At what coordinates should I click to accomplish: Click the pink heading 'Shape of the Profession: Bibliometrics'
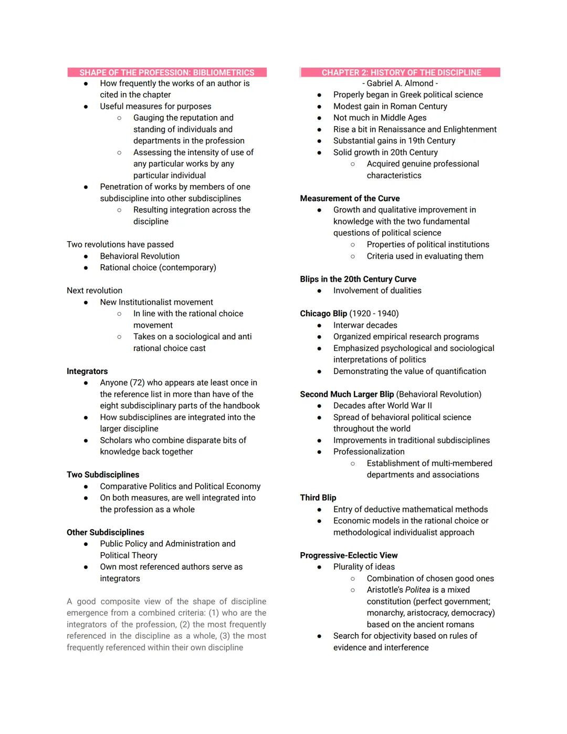166,73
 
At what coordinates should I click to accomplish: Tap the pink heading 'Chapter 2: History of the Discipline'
401,73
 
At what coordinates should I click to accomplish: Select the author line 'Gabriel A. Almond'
400,84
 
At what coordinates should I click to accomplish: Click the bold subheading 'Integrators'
87,371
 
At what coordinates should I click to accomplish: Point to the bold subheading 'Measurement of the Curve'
350,199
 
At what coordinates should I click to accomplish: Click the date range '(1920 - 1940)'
374,314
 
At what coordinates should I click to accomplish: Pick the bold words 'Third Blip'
318,498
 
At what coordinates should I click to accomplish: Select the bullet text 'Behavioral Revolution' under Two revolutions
140,256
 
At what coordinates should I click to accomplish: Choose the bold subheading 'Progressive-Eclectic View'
349,555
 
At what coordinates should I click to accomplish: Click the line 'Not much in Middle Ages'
380,118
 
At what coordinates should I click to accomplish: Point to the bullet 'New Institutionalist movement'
156,302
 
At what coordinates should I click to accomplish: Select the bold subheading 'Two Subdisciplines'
103,475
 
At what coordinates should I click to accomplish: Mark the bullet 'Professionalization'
369,452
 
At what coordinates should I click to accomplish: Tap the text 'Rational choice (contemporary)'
158,268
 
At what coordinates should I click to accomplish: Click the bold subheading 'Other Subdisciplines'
105,532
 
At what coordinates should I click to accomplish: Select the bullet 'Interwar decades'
365,325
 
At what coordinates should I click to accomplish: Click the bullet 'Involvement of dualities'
377,291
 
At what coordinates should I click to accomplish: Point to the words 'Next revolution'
94,291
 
